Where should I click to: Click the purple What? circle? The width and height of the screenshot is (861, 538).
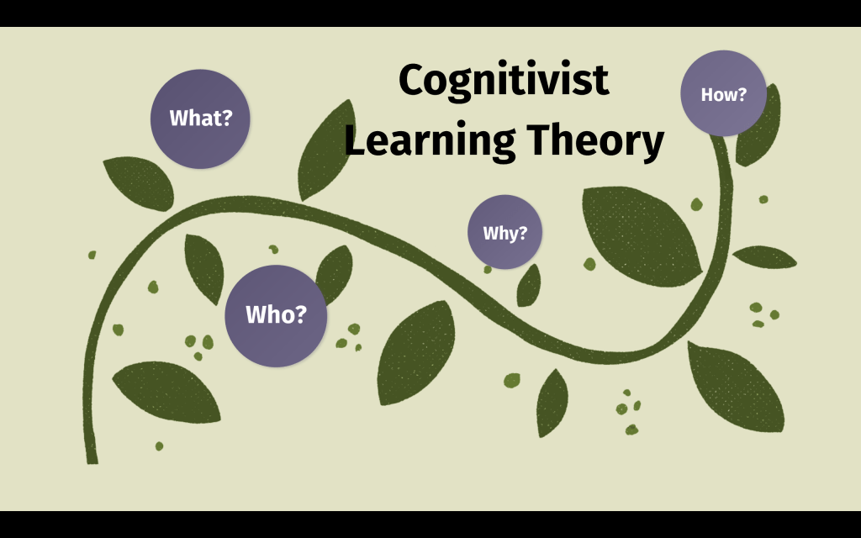pos(200,119)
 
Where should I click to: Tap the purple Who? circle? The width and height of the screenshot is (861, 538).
pos(276,315)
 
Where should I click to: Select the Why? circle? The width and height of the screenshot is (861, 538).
pos(504,232)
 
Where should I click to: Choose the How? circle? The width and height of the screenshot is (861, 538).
pos(723,93)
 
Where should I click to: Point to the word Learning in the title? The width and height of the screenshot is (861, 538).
pos(429,141)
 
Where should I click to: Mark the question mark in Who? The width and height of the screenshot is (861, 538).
pos(300,315)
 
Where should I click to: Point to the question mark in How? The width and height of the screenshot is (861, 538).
pos(742,94)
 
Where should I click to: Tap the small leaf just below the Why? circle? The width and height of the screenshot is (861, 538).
pos(529,286)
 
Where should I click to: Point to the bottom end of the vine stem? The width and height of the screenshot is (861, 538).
pos(92,458)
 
